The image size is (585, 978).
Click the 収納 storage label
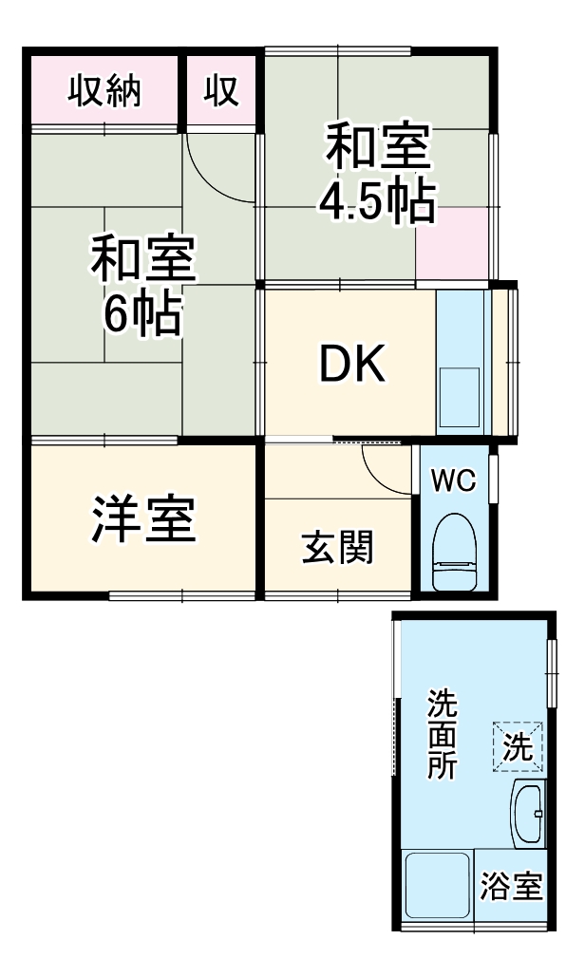click(x=104, y=91)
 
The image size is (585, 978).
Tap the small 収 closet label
click(x=221, y=91)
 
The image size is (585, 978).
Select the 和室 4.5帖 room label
click(x=378, y=175)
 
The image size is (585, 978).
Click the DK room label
click(x=351, y=365)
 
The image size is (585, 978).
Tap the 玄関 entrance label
click(x=337, y=548)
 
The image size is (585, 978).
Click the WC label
click(x=453, y=480)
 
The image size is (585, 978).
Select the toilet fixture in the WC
click(x=453, y=555)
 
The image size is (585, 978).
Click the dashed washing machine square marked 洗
click(x=518, y=746)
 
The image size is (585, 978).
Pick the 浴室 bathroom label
click(x=512, y=887)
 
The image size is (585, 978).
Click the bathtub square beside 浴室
click(x=437, y=884)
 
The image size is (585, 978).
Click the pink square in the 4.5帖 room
click(x=452, y=243)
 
